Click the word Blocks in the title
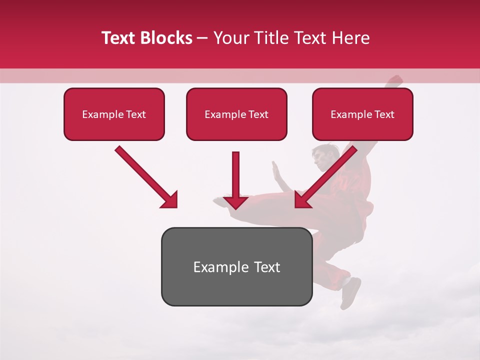pos(166,38)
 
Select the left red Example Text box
pos(114,114)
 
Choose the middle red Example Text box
pos(236,114)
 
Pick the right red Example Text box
pos(362,114)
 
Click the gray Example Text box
pos(236,266)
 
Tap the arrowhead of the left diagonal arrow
pos(170,200)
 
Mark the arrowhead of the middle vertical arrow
pos(235,202)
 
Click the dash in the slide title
pos(202,38)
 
